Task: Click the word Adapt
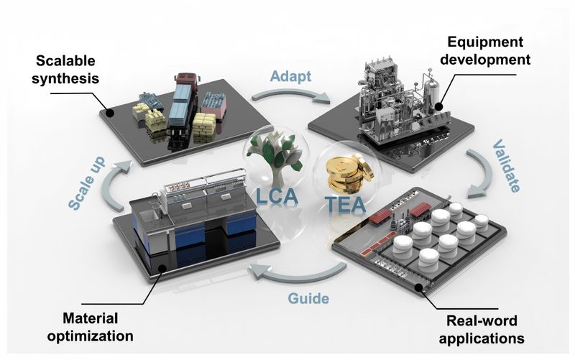tap(290, 77)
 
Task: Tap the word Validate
tap(506, 166)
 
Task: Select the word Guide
tap(308, 298)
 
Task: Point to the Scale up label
tap(87, 184)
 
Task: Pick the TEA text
tap(345, 204)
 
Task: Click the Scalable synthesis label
tap(65, 70)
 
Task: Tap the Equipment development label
tap(485, 50)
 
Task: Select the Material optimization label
tap(91, 327)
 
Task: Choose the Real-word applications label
tap(482, 329)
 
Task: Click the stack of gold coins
tap(349, 172)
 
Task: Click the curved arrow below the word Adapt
tap(290, 95)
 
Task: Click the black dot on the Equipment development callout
tap(438, 106)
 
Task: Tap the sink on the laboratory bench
tap(149, 216)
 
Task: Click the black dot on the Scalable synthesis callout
tap(109, 113)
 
